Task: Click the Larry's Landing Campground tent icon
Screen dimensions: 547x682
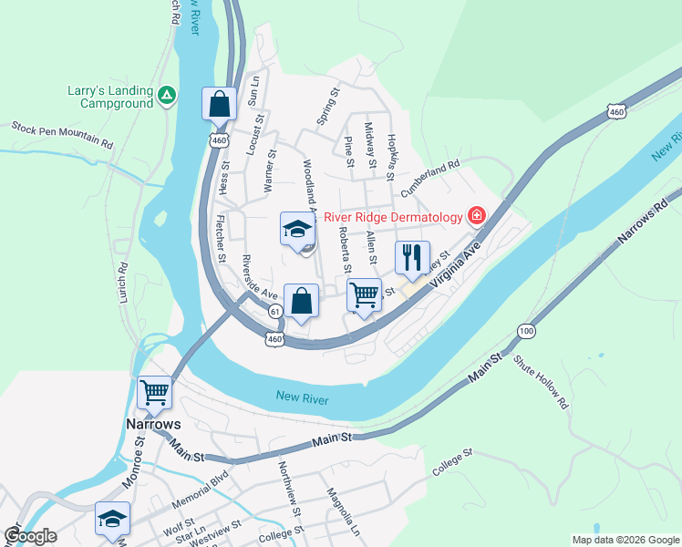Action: [166, 94]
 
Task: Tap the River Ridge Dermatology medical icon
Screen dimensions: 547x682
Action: [476, 216]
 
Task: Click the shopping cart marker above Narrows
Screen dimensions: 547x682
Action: [154, 393]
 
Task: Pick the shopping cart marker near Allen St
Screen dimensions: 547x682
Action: [364, 294]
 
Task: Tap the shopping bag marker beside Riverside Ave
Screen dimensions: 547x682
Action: [300, 300]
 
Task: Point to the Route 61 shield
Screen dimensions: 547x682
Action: [274, 312]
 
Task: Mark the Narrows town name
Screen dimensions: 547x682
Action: [153, 425]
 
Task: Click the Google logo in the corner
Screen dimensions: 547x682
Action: [30, 536]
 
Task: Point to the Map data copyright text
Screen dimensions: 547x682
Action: [625, 540]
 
